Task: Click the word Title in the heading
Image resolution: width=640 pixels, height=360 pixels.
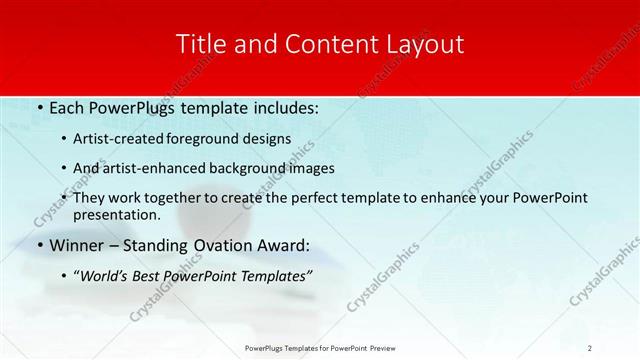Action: tap(199, 44)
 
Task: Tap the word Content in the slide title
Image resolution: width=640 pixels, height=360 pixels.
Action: tap(316, 44)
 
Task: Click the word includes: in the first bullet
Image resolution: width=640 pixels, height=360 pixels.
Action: tap(283, 107)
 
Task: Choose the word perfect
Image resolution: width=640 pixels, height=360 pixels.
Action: tap(340, 198)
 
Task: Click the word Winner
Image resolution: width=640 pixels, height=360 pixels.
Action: tap(77, 245)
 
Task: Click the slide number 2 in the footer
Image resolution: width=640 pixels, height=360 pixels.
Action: tap(590, 348)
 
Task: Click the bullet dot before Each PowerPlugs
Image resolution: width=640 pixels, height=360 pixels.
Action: tap(39, 107)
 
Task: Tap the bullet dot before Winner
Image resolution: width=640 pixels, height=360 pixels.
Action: tap(39, 245)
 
